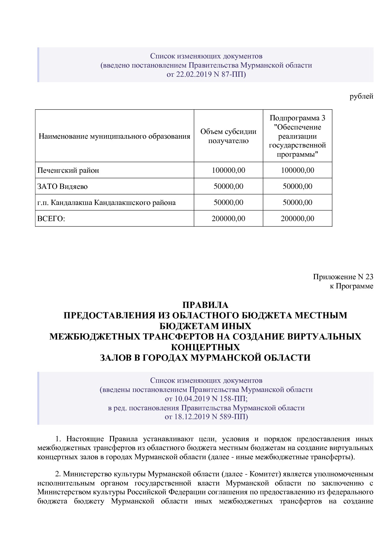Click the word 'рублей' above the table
[361, 96]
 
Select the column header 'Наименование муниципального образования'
[114, 136]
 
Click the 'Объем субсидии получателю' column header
[228, 136]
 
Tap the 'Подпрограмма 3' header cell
[297, 118]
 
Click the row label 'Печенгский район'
[68, 171]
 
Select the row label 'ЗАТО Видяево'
[62, 187]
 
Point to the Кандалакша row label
[106, 203]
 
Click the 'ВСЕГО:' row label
[51, 219]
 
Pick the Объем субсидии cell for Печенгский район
[228, 171]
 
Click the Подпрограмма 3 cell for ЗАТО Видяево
[297, 187]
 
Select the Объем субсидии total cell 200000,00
[228, 219]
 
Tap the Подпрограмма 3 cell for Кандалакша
[297, 203]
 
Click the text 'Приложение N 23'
[343, 277]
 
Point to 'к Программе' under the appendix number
[351, 286]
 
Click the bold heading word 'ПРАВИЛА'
[205, 305]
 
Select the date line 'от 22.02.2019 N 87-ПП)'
[206, 75]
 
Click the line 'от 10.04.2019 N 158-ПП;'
[206, 399]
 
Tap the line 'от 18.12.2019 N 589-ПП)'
[206, 417]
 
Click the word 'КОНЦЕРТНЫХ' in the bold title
[205, 347]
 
